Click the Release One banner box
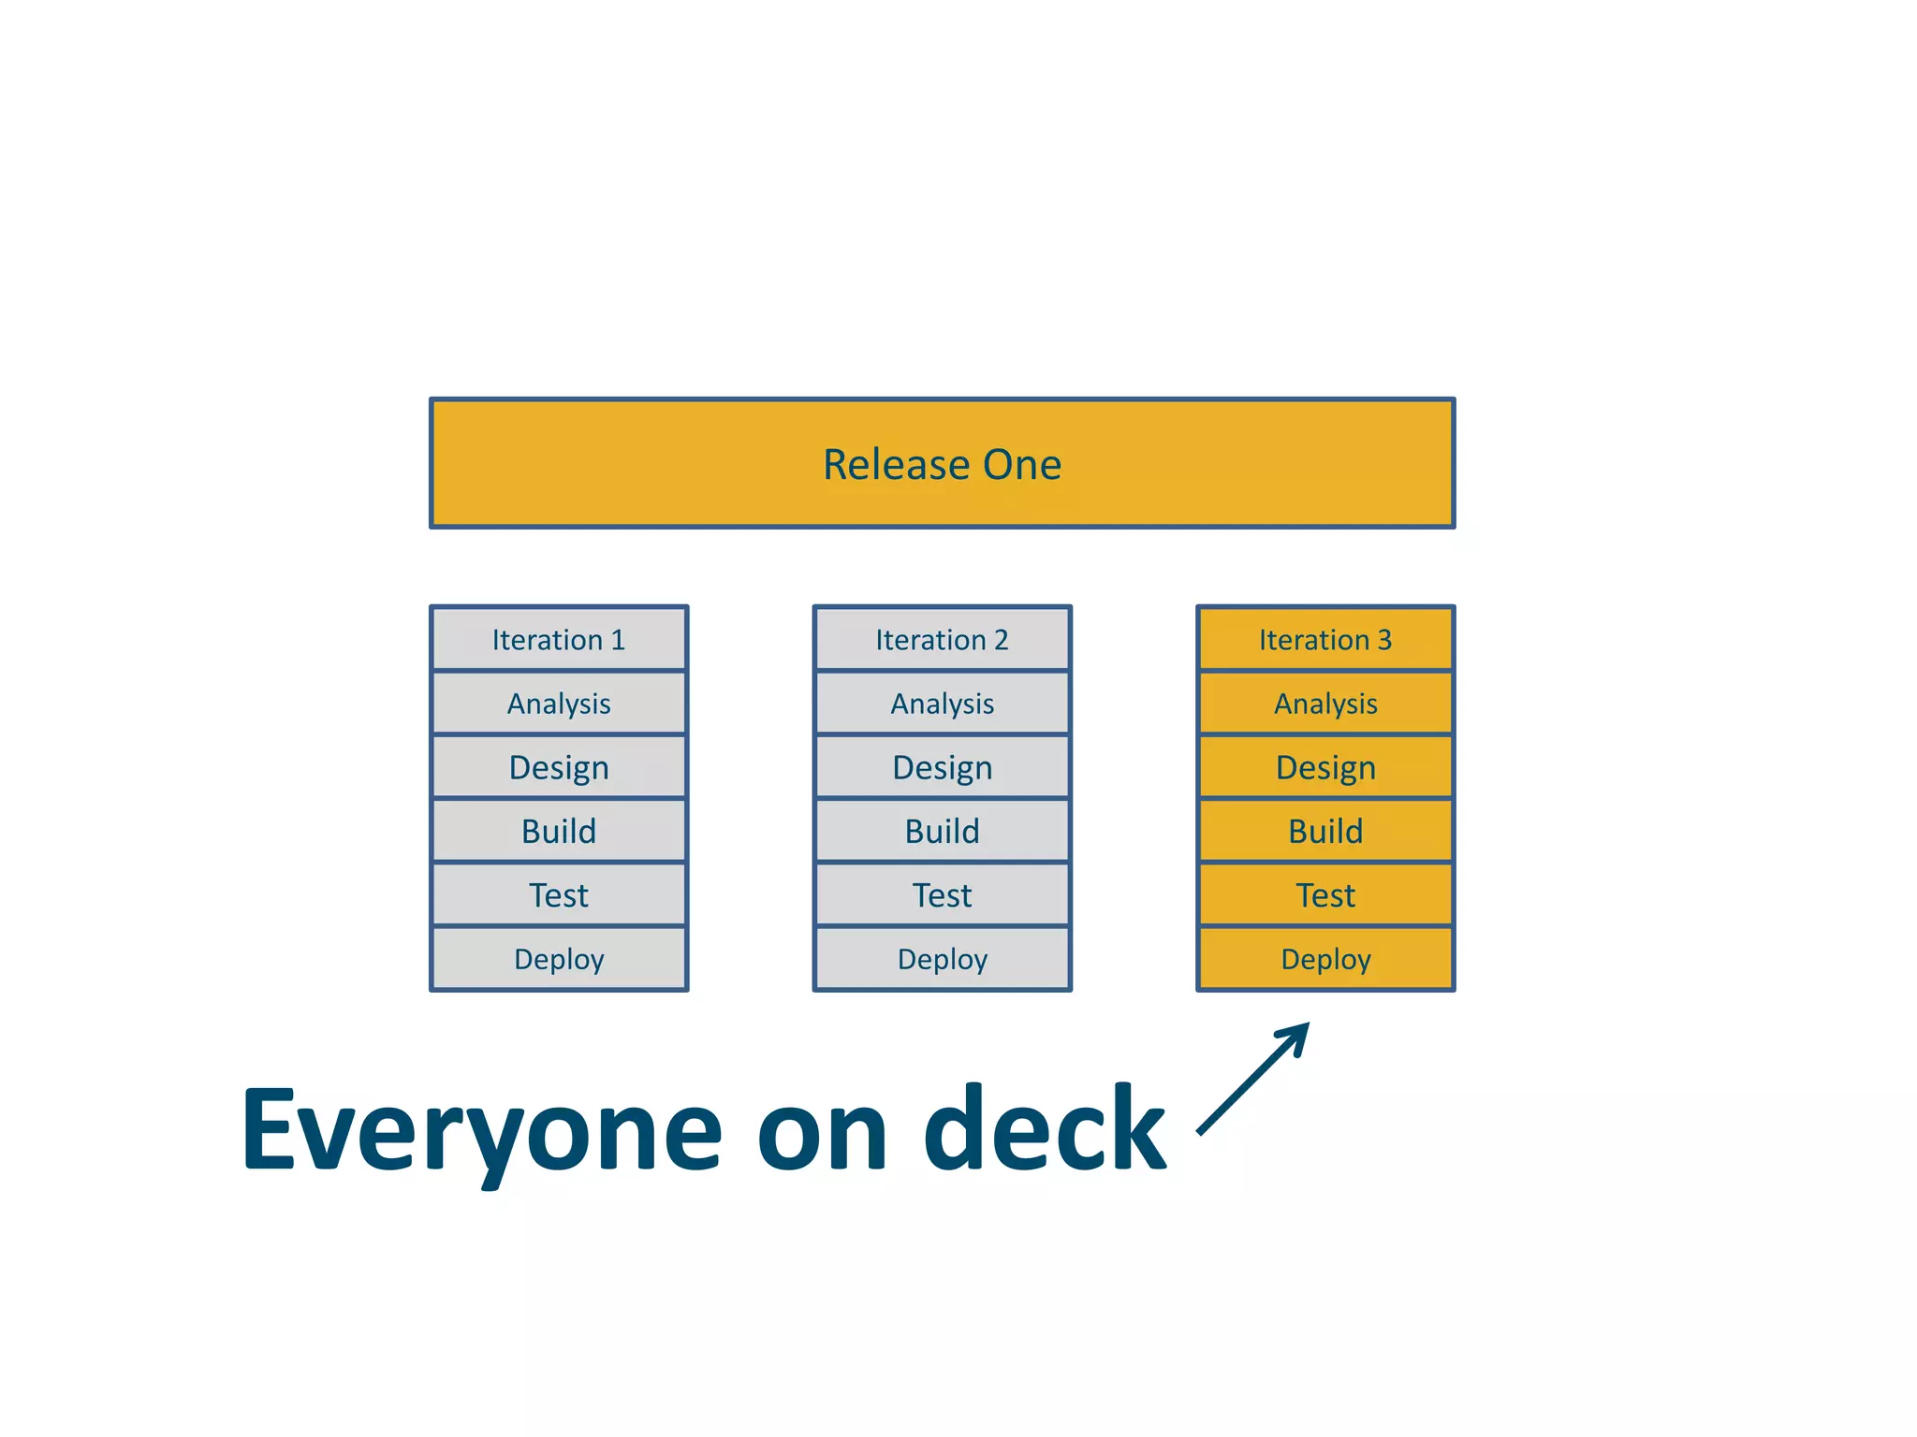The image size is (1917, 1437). pos(942,463)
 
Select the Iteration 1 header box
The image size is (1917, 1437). pos(559,640)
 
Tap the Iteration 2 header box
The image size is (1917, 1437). pos(942,640)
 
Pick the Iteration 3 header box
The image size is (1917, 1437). pos(1325,640)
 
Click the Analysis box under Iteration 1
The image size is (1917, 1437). pos(559,704)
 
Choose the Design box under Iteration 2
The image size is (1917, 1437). pos(942,767)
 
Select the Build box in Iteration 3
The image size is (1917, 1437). pos(1325,831)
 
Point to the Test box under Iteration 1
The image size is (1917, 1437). pos(559,895)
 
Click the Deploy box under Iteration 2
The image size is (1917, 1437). pos(942,959)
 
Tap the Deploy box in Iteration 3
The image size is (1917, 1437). pos(1325,959)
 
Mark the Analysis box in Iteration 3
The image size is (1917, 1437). pos(1325,704)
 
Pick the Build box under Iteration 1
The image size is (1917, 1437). pos(559,831)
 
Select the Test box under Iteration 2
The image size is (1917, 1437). pos(942,895)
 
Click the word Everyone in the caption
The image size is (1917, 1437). pos(482,1130)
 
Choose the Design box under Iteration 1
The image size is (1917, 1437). pos(559,767)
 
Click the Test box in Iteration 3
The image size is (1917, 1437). pos(1325,895)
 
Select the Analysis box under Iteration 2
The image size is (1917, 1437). pos(942,704)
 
